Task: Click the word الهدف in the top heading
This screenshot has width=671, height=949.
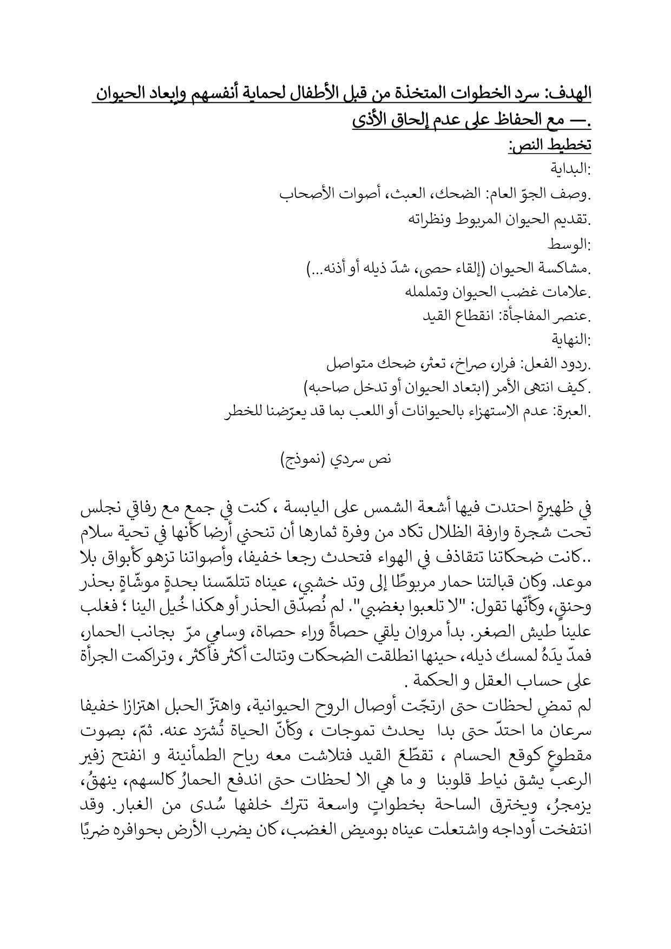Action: (569, 94)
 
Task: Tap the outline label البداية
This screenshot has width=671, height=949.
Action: (571, 170)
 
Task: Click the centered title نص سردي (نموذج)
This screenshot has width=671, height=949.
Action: (336, 460)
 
